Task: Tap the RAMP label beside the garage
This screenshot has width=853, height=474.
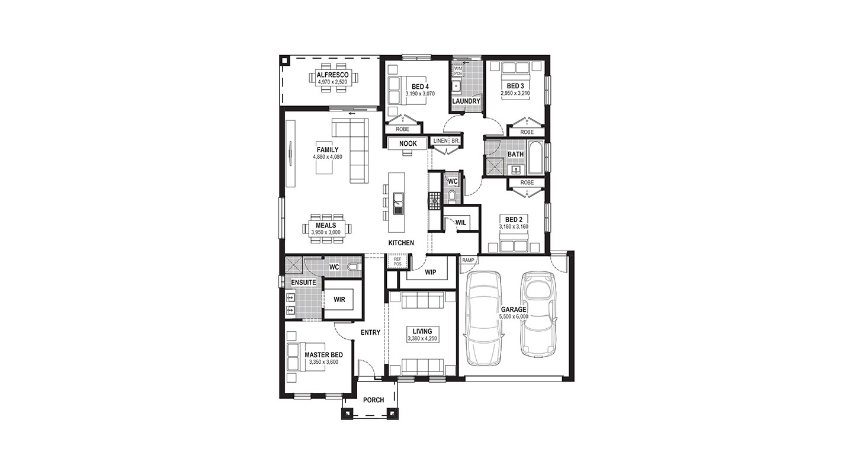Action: [468, 260]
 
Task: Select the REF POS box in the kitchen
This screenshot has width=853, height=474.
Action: [397, 261]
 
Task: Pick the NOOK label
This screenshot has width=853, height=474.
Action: [408, 143]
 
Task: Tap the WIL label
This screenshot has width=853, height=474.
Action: [461, 223]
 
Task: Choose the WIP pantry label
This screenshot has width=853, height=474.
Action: [430, 273]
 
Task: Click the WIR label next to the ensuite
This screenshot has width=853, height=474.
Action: [339, 299]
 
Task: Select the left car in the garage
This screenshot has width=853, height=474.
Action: [483, 319]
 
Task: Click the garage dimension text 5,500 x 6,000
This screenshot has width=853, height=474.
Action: [514, 316]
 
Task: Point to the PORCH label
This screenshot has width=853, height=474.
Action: [374, 400]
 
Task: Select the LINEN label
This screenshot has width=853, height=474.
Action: [441, 141]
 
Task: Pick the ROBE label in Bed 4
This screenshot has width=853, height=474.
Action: [403, 129]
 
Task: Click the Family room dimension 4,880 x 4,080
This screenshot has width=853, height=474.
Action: [328, 156]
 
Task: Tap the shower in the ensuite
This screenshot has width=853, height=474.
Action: [294, 265]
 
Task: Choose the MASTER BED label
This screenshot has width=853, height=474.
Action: [323, 355]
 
